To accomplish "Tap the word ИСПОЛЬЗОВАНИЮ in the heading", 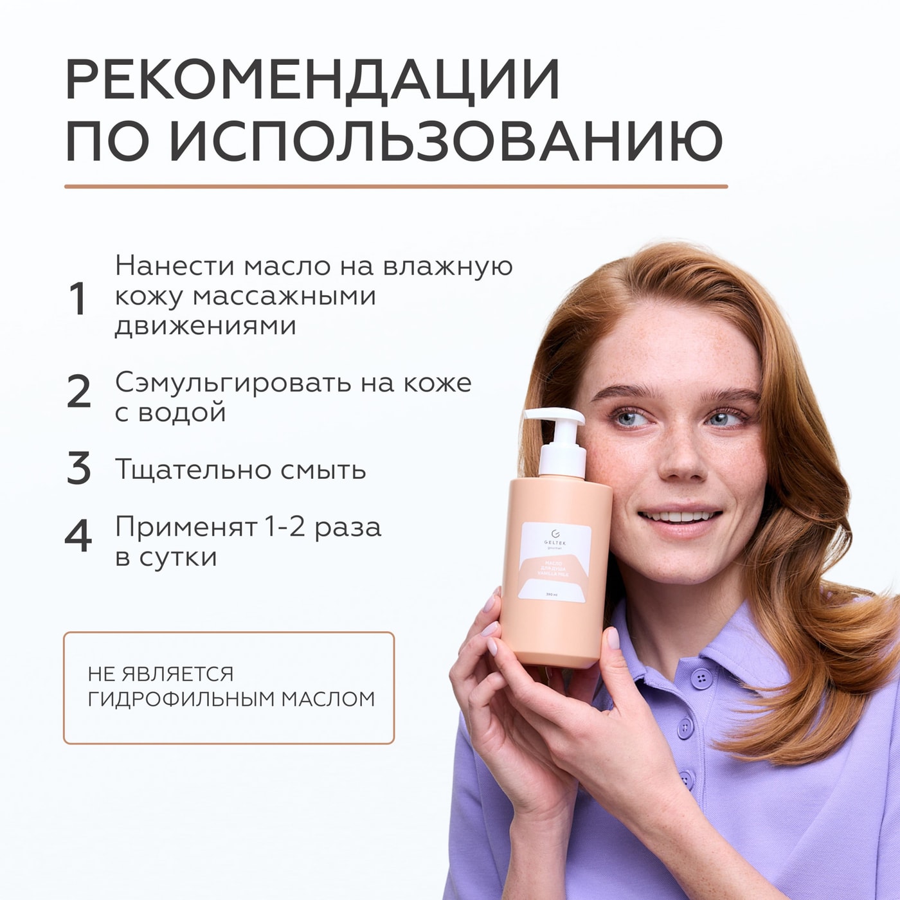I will (x=446, y=141).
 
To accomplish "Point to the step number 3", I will (x=78, y=469).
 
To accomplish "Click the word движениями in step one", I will (x=205, y=326).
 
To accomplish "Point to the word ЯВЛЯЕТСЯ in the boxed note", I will (x=178, y=674).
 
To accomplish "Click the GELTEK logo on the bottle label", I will (x=555, y=537).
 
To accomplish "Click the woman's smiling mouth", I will (x=679, y=518).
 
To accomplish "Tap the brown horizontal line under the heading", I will (x=395, y=186).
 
